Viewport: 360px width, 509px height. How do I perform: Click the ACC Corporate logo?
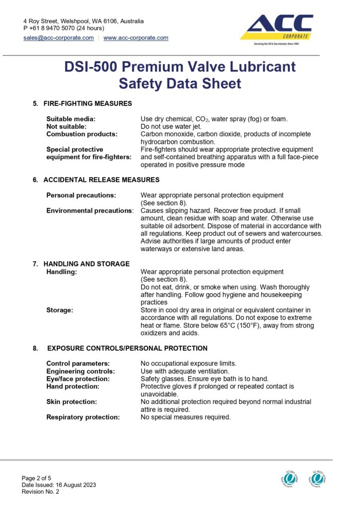click(276, 29)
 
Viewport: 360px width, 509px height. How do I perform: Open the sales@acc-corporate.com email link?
click(59, 38)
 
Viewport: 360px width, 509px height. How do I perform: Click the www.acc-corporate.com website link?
click(136, 38)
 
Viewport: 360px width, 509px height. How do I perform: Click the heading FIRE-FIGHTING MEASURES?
click(88, 103)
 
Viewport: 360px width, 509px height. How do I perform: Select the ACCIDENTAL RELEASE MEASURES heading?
click(101, 179)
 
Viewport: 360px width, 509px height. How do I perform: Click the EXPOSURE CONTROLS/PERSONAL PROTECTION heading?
click(127, 348)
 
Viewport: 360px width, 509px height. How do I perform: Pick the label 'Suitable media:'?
click(71, 119)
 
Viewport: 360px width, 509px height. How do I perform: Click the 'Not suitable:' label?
click(66, 126)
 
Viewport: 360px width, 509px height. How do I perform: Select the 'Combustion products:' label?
click(82, 134)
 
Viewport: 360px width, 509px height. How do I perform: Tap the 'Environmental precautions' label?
click(89, 210)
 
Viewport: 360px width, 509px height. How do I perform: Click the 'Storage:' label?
click(60, 310)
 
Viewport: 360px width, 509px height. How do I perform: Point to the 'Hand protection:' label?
click(73, 386)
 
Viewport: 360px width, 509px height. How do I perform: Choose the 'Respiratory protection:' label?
click(83, 417)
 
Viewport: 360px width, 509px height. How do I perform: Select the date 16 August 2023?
click(75, 485)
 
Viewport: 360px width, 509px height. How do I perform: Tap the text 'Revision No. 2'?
click(40, 492)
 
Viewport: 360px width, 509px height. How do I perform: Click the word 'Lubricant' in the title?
click(258, 67)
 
